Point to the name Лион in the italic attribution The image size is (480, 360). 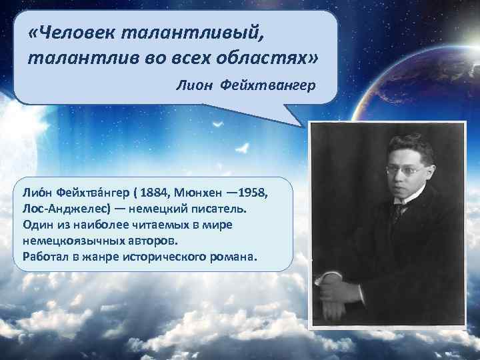coord(193,85)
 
